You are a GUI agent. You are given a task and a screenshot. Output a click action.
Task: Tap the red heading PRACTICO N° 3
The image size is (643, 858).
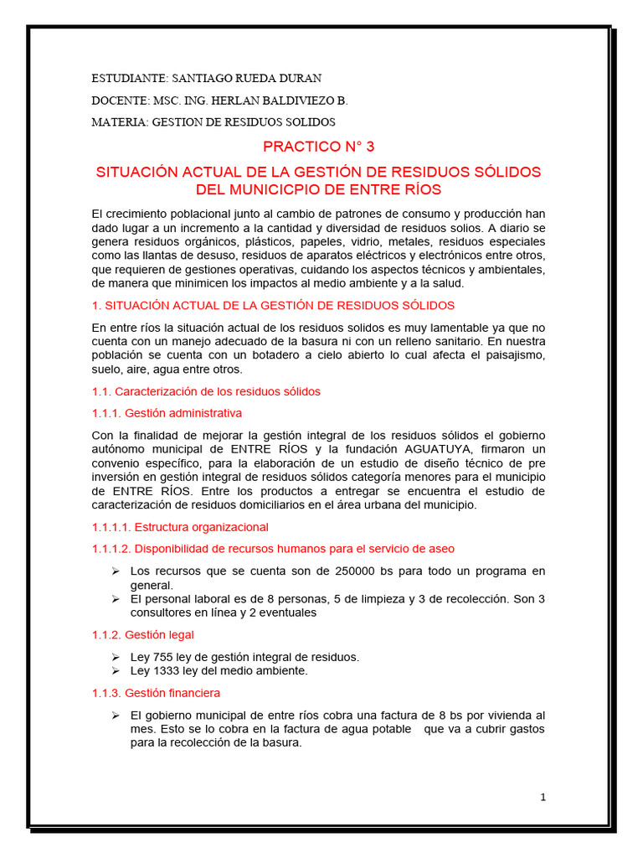tap(319, 147)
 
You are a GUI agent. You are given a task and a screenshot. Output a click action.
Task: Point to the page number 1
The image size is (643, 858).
tap(543, 798)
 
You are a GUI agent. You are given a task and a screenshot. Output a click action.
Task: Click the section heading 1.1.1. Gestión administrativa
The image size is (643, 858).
tap(167, 413)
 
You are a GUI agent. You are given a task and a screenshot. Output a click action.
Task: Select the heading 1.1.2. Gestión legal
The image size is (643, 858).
tap(142, 635)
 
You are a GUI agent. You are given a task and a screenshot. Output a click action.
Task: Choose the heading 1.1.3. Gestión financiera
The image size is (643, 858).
tap(156, 693)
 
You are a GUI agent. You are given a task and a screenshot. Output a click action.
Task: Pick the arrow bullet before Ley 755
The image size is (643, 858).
tap(116, 657)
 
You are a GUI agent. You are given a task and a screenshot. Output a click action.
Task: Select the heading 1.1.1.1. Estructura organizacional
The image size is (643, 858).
tap(180, 527)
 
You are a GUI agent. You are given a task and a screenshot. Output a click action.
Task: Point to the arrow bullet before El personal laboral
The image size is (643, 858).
tap(116, 598)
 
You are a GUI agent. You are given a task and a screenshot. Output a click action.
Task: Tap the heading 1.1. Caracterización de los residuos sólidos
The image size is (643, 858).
tap(206, 391)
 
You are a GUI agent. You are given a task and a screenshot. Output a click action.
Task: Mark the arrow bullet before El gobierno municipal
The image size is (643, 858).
tap(116, 715)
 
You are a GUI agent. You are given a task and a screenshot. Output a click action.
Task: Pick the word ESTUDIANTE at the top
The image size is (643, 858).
tap(127, 78)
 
